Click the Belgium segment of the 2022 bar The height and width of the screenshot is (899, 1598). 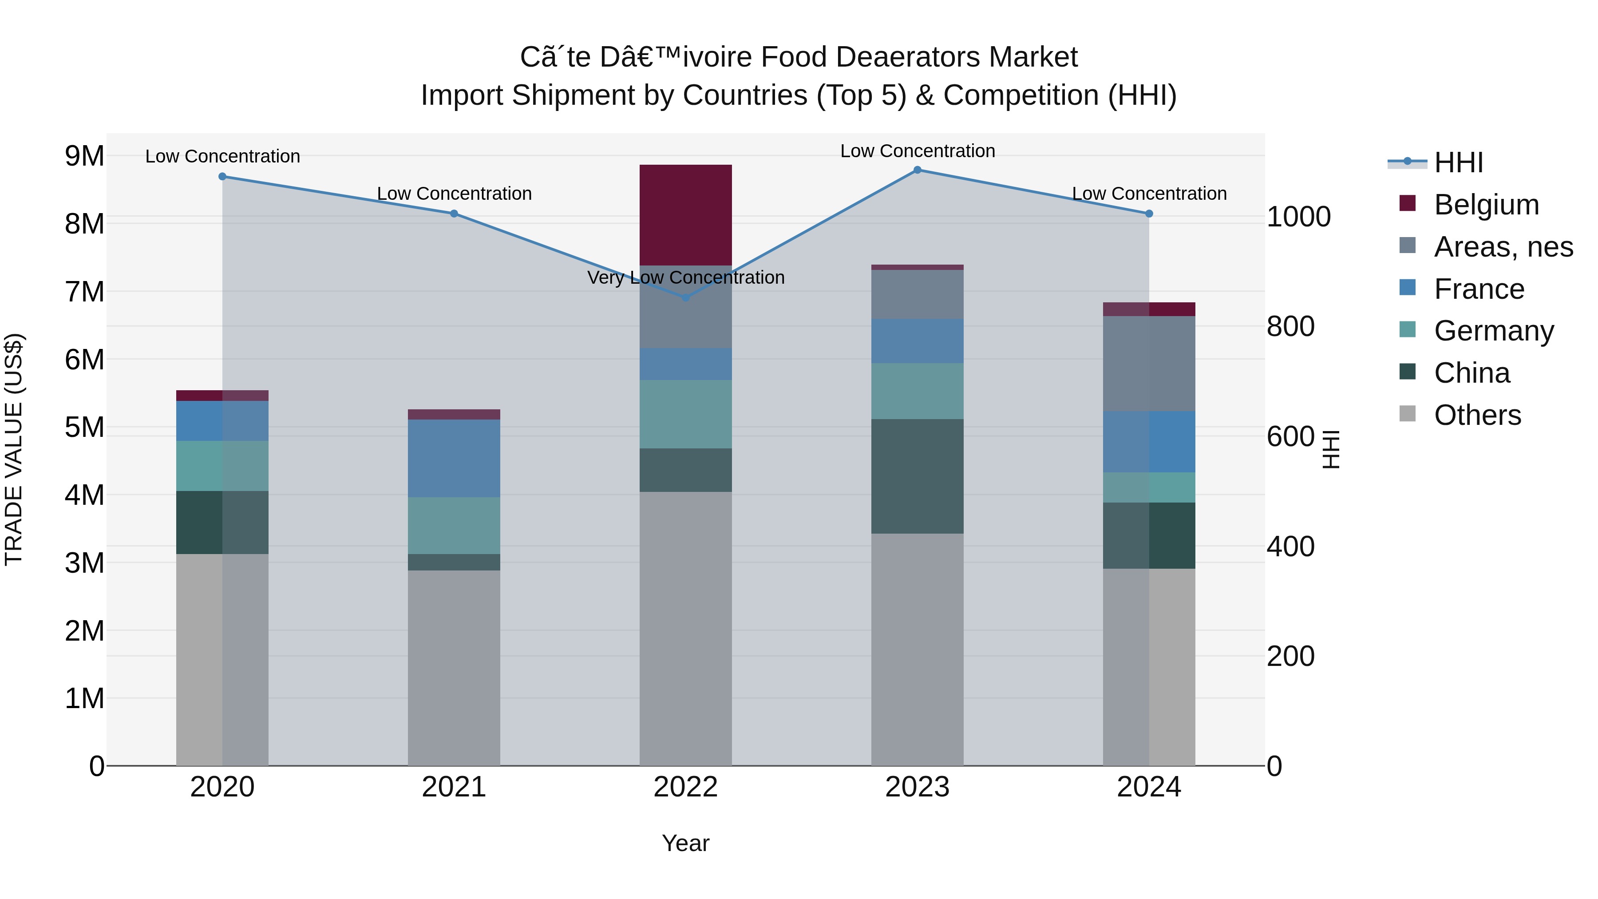[x=685, y=215]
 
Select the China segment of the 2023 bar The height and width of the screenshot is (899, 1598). [x=917, y=476]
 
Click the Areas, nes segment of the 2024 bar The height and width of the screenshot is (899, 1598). [x=1149, y=364]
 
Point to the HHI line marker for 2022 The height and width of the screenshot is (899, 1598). [x=685, y=298]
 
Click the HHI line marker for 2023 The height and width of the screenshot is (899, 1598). [x=917, y=170]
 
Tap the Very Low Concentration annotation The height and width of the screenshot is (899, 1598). [x=685, y=277]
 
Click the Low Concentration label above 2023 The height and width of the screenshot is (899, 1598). [x=917, y=151]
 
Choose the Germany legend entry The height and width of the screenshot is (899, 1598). [x=1493, y=331]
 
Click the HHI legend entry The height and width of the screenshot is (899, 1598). [x=1458, y=162]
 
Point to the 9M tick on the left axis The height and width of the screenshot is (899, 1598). [x=84, y=156]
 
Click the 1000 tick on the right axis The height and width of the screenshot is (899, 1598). [x=1298, y=217]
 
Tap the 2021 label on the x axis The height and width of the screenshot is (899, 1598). [x=454, y=787]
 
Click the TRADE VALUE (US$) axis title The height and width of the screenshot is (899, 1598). [x=14, y=449]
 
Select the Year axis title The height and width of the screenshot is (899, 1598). [x=685, y=843]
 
